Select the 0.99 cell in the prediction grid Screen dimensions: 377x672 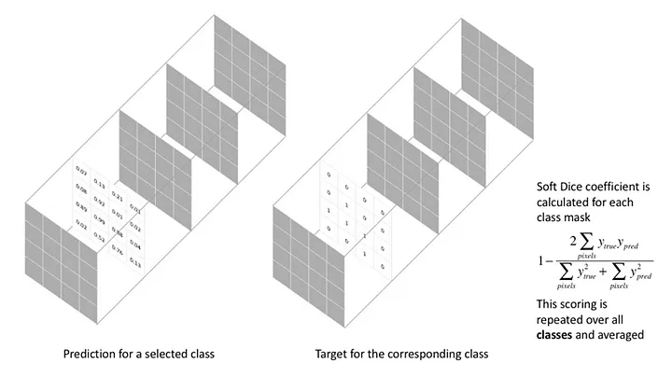98,222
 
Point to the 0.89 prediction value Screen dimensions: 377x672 81,206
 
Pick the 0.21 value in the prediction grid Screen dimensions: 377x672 118,198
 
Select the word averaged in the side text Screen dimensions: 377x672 624,319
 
